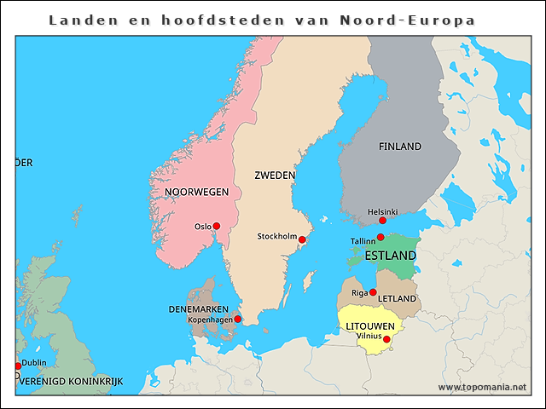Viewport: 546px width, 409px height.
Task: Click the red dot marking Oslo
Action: (x=217, y=226)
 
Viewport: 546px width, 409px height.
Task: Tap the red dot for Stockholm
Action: (x=301, y=240)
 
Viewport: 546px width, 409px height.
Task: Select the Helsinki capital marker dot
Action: (x=382, y=221)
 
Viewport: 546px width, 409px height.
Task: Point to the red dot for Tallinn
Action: (x=380, y=238)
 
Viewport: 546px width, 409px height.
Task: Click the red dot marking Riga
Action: (x=373, y=292)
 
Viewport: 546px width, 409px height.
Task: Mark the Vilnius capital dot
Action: (x=386, y=339)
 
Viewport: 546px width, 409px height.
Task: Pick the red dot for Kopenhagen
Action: (x=238, y=320)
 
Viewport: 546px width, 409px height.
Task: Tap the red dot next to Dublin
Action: (x=17, y=366)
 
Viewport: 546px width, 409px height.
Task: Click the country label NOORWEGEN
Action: (x=196, y=193)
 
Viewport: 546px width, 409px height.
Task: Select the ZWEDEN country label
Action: (x=275, y=176)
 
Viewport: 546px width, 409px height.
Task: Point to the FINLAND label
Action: (x=400, y=147)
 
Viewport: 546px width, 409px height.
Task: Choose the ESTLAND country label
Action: (x=390, y=255)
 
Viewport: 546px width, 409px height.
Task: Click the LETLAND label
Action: (x=397, y=299)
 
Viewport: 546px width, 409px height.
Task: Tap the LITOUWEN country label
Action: (x=369, y=326)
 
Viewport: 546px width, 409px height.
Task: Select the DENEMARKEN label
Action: (x=198, y=308)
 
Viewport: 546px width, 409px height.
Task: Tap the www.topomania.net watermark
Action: (x=482, y=387)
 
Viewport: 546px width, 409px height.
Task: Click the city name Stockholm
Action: (x=277, y=236)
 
